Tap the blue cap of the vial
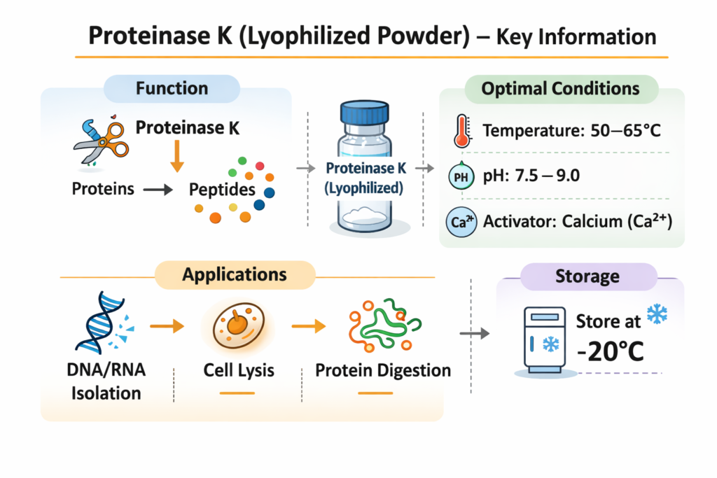(x=364, y=113)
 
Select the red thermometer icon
(x=462, y=131)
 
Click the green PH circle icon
(x=461, y=176)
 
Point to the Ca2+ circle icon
(x=461, y=222)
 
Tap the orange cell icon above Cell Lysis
(x=238, y=325)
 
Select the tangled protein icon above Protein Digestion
(x=385, y=325)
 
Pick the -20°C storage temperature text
(x=611, y=351)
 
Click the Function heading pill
(x=172, y=88)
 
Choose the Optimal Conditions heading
(x=561, y=89)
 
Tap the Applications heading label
(x=235, y=274)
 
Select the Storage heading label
(x=587, y=276)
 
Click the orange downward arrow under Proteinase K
(x=177, y=156)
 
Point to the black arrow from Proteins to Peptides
(x=158, y=189)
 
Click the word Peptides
(x=222, y=190)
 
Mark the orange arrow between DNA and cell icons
(x=167, y=326)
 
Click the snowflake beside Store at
(x=657, y=314)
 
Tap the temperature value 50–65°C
(x=625, y=131)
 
